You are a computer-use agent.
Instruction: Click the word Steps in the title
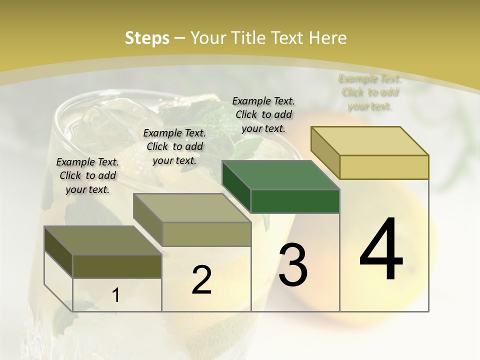tap(147, 38)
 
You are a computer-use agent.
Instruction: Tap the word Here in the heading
tap(328, 38)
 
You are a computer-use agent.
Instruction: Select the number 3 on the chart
tap(293, 264)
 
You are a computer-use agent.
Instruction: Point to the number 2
tap(201, 280)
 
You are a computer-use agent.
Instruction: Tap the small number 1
tap(116, 295)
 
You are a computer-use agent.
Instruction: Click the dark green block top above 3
tap(280, 175)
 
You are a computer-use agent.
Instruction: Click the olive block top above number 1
tap(102, 240)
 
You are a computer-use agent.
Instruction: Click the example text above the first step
tap(87, 175)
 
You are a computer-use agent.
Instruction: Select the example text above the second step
tap(174, 146)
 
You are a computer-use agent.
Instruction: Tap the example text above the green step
tap(263, 114)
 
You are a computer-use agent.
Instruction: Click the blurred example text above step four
tap(370, 92)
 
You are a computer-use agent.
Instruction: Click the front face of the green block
tap(295, 201)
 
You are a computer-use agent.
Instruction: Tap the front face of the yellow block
tap(384, 167)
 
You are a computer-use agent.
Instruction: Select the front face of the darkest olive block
tap(117, 266)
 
